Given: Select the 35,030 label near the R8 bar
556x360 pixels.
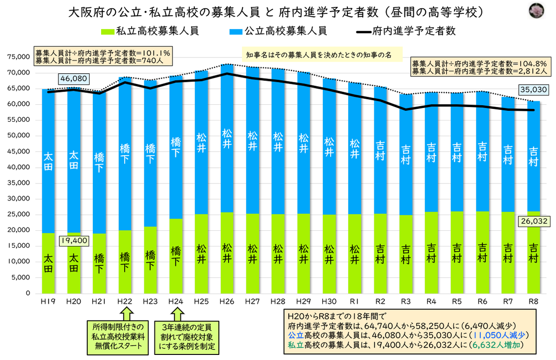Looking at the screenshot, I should [534, 89].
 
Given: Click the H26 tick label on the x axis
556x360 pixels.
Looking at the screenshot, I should [227, 301].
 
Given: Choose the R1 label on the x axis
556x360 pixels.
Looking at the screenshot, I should [355, 301].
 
